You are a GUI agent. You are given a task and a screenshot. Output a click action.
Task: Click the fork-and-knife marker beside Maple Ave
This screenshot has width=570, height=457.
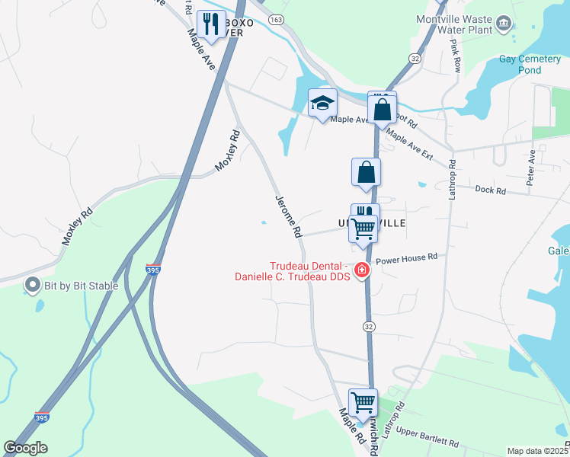(208, 24)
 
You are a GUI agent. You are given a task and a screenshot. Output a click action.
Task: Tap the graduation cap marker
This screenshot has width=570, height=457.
(322, 104)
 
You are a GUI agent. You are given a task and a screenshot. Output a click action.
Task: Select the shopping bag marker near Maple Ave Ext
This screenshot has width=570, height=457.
(382, 108)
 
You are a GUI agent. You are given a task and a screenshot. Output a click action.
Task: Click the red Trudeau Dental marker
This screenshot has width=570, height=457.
(360, 270)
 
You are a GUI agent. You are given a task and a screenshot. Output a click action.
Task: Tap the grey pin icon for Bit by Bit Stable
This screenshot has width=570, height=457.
(32, 286)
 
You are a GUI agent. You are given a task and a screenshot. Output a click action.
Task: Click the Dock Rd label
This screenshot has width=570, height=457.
(489, 189)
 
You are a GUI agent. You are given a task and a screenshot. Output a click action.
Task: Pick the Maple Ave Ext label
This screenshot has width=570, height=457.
(409, 144)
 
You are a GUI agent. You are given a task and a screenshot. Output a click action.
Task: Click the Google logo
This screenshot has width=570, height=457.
(25, 448)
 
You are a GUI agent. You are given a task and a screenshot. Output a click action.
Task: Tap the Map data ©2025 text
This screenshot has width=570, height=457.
(537, 451)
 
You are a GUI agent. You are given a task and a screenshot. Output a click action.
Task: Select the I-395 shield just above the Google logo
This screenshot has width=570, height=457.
(42, 417)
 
